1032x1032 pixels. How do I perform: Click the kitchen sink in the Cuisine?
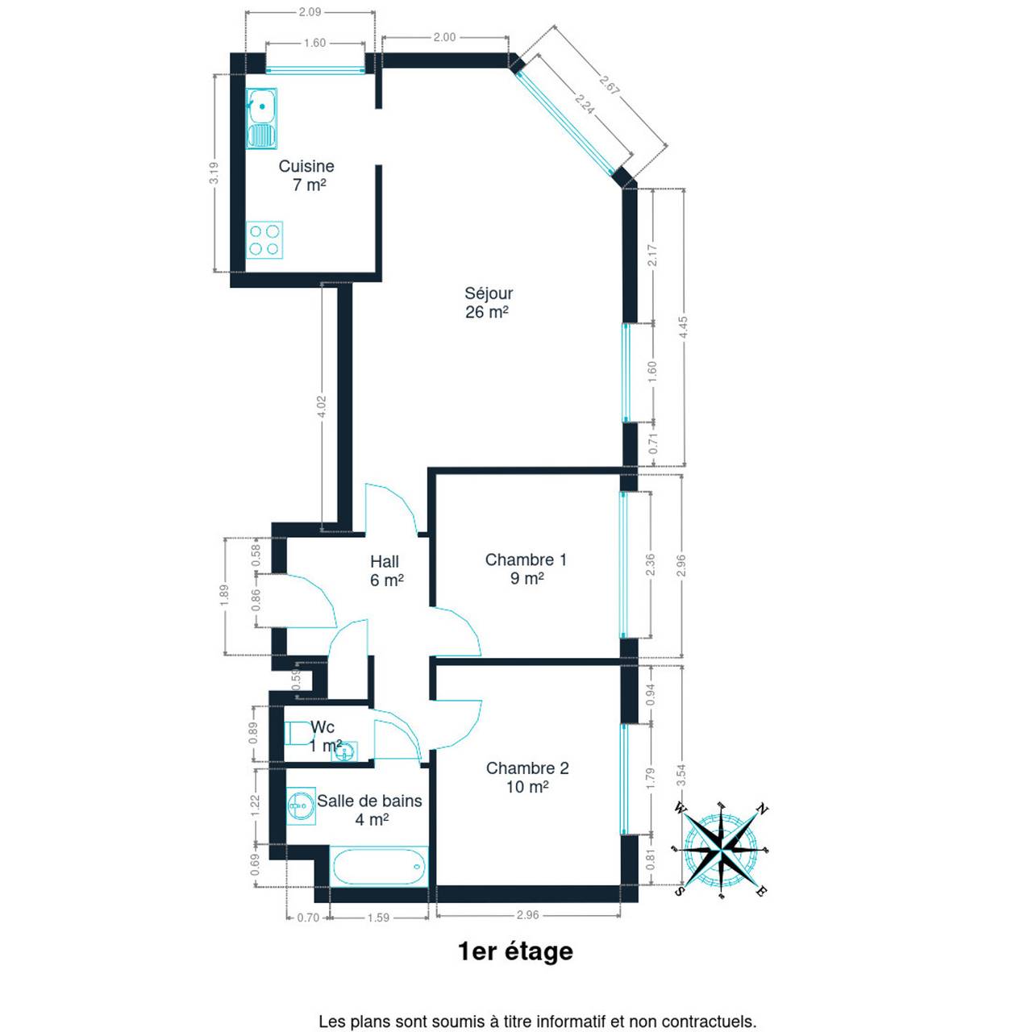(261, 119)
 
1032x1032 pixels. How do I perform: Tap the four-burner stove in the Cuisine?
(264, 240)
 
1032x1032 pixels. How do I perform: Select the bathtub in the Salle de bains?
(379, 867)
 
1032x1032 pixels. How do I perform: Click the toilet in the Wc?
(299, 733)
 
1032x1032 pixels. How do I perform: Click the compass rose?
(722, 850)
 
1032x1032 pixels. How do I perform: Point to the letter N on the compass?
(762, 809)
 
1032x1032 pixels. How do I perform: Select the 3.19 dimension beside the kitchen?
(214, 173)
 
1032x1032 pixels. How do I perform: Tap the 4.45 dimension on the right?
(683, 327)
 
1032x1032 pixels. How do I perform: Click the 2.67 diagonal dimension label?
(610, 85)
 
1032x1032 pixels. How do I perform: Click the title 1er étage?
(516, 951)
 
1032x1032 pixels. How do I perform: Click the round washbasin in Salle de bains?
(301, 805)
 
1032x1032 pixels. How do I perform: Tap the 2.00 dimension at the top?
(444, 37)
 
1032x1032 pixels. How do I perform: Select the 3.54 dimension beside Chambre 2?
(680, 774)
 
